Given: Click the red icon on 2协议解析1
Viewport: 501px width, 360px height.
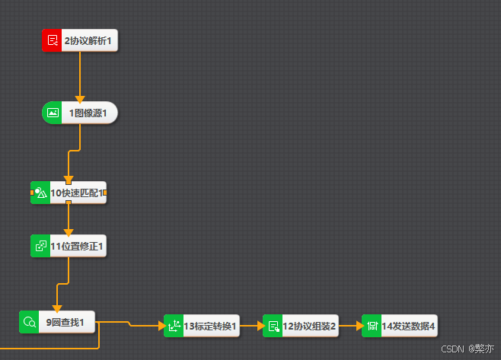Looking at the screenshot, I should tap(52, 40).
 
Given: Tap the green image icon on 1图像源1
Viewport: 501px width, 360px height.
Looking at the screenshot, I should tap(53, 113).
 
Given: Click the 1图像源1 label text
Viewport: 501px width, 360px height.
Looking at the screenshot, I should tap(88, 113).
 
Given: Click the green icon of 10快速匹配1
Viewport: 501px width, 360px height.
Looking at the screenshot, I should tap(41, 193).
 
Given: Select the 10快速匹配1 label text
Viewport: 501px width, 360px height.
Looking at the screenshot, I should tap(76, 193).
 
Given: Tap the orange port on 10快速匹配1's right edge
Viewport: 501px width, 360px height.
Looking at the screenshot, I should tap(104, 193).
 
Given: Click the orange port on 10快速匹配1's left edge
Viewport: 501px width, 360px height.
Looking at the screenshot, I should tap(32, 193).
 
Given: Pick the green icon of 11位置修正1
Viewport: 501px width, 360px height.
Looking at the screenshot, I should tap(40, 246).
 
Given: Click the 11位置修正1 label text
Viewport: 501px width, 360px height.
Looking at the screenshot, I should tap(77, 246).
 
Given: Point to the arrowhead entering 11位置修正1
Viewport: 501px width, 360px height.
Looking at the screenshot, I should tap(69, 231).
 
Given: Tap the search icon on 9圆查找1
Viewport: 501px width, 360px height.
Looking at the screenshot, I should tap(30, 322).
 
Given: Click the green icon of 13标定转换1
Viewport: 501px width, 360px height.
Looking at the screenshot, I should tap(174, 326).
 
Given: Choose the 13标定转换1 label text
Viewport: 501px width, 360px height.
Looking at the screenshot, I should tap(210, 326).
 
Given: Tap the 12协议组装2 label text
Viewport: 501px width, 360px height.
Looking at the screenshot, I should tap(309, 326).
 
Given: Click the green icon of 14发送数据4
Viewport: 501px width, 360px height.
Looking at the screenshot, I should tap(372, 326).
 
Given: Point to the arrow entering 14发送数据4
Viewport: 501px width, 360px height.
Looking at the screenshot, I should tap(356, 326).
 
